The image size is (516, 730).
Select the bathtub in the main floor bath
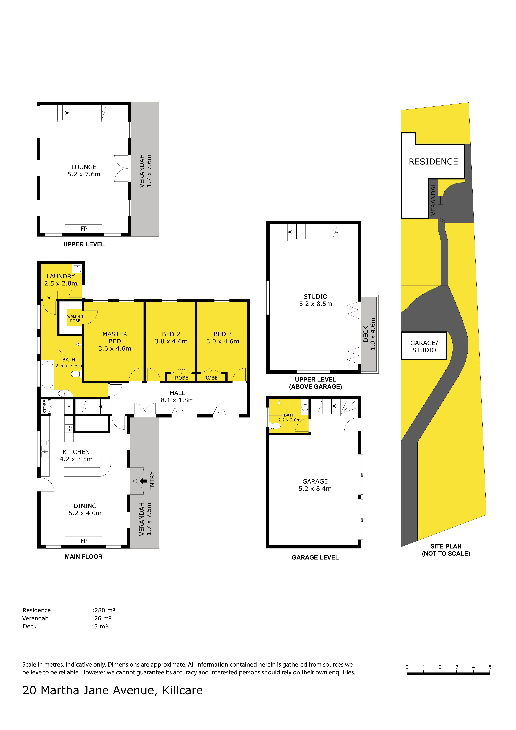tap(47, 375)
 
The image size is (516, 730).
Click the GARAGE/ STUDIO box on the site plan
tap(424, 346)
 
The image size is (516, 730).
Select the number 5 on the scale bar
tap(490, 667)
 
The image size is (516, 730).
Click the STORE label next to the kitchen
tap(45, 407)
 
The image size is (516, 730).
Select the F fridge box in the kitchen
tap(69, 407)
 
